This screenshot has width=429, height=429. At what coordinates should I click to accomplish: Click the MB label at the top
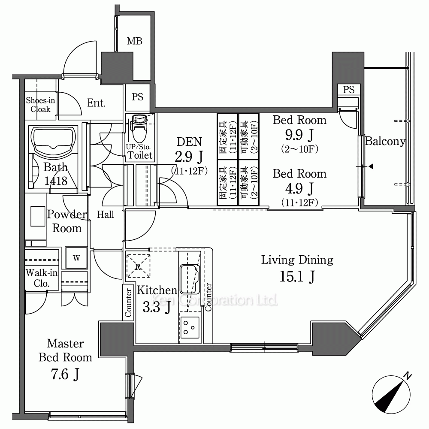[x=134, y=41]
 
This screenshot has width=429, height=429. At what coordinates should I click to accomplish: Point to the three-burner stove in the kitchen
[x=190, y=327]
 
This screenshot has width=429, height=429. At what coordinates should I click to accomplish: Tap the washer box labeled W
[x=76, y=258]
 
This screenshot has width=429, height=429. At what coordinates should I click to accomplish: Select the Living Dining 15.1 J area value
[x=297, y=276]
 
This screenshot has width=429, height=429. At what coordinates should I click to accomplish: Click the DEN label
[x=189, y=142]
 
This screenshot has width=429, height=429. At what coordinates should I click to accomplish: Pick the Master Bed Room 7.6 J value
[x=65, y=374]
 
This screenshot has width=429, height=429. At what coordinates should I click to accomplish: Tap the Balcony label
[x=385, y=141]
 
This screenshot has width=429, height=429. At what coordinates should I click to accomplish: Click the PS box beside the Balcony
[x=348, y=89]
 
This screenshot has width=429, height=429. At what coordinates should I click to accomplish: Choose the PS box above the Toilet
[x=137, y=97]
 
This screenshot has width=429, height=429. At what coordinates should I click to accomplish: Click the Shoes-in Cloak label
[x=40, y=105]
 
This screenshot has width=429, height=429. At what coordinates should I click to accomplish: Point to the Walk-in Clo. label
[x=42, y=278]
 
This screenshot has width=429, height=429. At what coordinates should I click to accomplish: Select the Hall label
[x=106, y=214]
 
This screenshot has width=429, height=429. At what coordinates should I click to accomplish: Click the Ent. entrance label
[x=96, y=103]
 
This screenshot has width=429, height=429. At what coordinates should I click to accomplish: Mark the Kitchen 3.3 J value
[x=157, y=307]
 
